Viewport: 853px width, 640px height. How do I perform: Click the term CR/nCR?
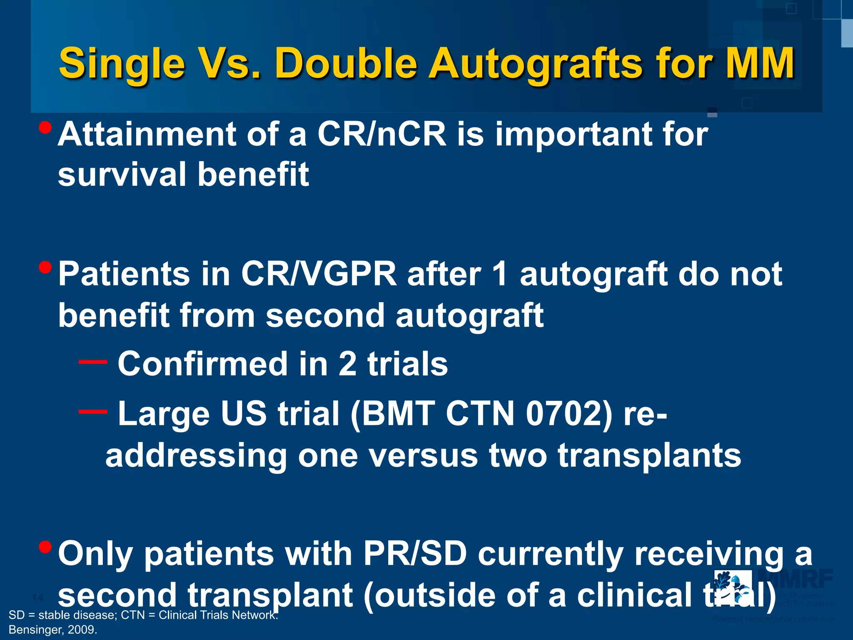point(382,134)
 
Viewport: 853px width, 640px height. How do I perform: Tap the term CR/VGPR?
point(319,274)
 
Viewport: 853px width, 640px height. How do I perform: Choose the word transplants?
point(649,455)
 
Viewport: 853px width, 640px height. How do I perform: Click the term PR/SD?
point(415,554)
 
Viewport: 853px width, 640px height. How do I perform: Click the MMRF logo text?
point(796,579)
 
